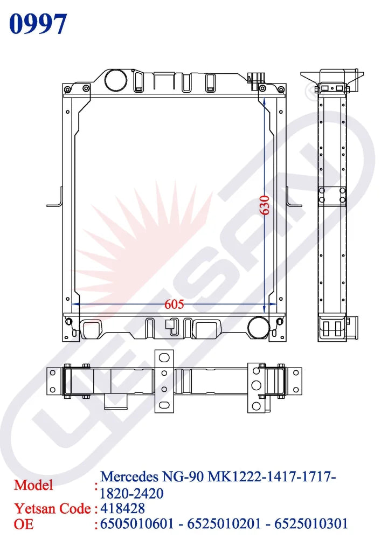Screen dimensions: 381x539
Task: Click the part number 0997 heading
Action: (38, 24)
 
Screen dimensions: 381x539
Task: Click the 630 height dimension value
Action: (265, 205)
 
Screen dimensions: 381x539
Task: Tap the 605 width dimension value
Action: (174, 304)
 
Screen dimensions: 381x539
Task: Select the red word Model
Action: (33, 485)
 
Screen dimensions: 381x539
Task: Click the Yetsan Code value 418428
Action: (122, 508)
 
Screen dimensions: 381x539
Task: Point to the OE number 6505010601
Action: (137, 524)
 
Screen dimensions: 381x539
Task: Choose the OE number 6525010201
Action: (224, 524)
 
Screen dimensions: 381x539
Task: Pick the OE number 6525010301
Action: (311, 524)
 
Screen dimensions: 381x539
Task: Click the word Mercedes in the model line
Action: (129, 476)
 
